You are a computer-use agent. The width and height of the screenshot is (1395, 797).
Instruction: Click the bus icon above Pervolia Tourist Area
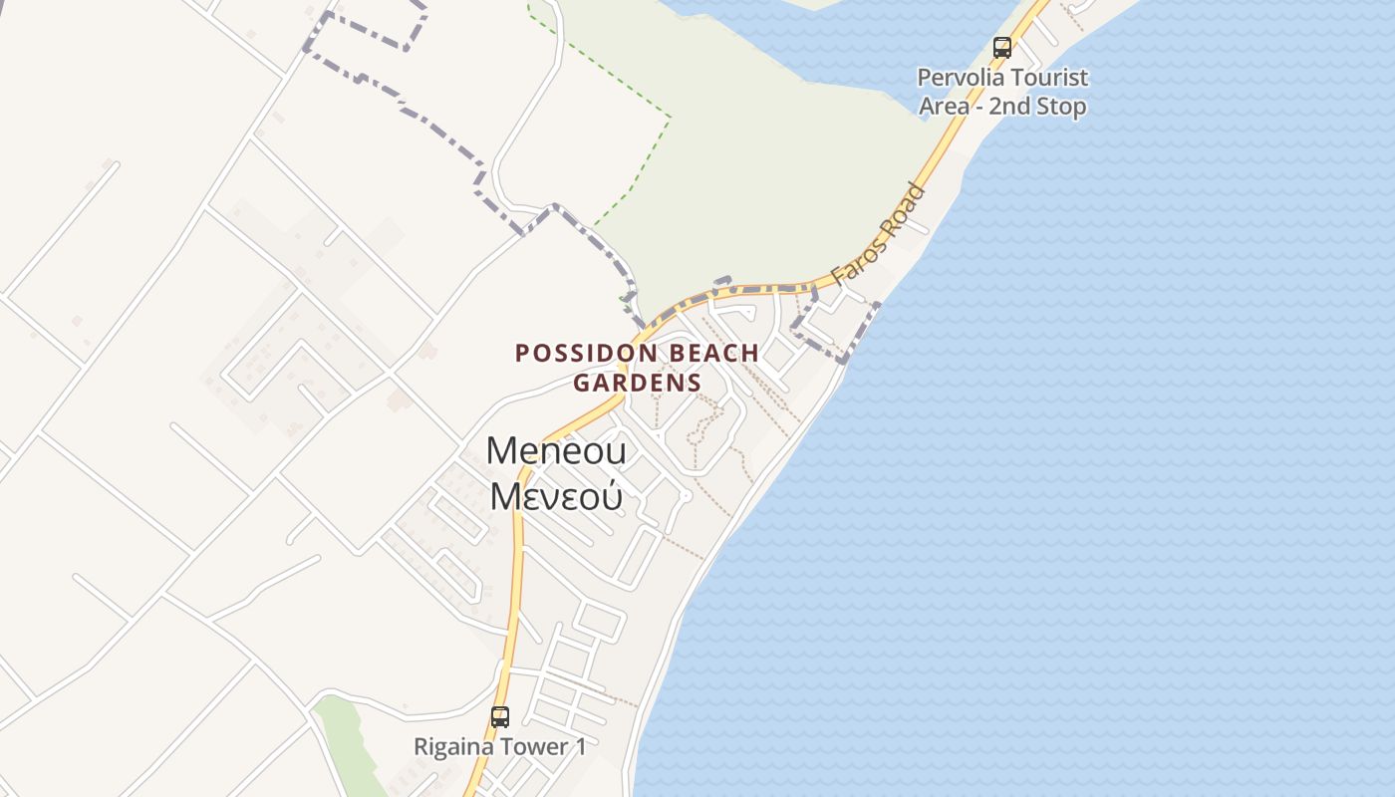tap(1002, 47)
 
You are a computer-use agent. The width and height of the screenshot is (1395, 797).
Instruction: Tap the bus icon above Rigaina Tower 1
tap(500, 716)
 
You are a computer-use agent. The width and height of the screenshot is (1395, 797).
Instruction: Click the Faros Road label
tap(879, 235)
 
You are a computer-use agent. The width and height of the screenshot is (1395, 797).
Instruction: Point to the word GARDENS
tap(637, 383)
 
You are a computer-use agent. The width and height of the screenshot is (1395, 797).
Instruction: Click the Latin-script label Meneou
tap(556, 451)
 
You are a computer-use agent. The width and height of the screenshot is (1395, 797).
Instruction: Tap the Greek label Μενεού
tap(556, 495)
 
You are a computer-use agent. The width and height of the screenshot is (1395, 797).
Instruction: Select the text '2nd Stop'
tap(1037, 107)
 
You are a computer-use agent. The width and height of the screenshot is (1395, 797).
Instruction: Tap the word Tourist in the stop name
tap(1045, 78)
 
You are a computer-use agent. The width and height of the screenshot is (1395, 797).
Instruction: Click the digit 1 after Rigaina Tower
tap(580, 746)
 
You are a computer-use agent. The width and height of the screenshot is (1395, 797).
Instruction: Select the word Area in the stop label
tap(945, 107)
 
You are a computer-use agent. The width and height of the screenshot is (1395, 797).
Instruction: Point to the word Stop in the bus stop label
tap(1060, 107)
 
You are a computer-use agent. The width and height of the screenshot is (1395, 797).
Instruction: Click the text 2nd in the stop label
tap(1009, 107)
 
